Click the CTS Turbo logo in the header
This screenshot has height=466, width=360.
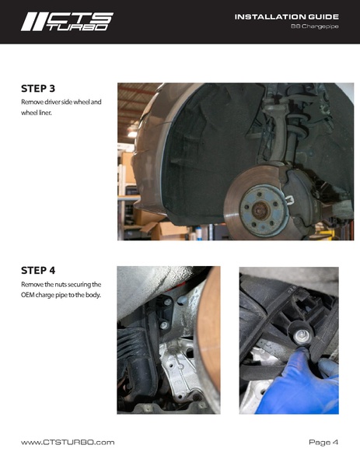click(x=66, y=21)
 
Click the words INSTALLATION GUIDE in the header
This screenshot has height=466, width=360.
click(x=286, y=16)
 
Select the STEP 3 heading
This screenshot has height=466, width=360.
click(x=38, y=88)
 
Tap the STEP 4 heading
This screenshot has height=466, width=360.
click(x=38, y=271)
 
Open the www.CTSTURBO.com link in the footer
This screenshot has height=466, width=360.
click(x=68, y=442)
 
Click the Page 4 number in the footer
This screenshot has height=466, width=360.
click(x=323, y=442)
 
